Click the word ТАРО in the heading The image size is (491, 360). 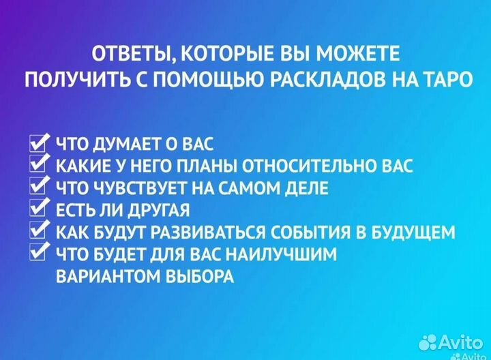(x=442, y=79)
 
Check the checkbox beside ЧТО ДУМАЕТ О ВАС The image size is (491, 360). (x=39, y=143)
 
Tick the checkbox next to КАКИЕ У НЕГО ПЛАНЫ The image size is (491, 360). (x=39, y=165)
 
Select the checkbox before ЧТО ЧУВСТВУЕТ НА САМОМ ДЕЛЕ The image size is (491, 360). (x=39, y=187)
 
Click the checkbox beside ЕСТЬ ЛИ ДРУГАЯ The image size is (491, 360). (x=39, y=209)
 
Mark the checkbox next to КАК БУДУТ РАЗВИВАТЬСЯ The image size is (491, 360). (x=39, y=231)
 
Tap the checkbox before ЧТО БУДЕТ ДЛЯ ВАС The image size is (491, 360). (x=39, y=253)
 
